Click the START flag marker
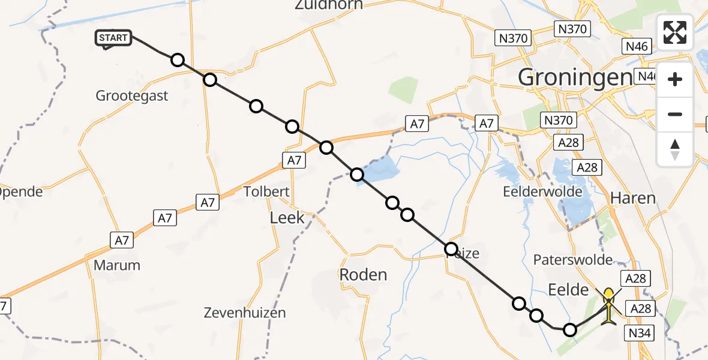tap(113, 38)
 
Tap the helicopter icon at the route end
tap(608, 305)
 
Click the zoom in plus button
tap(675, 79)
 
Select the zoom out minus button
tap(675, 114)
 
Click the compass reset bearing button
tap(675, 149)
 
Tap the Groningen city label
tap(574, 77)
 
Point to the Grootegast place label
tap(132, 95)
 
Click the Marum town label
tap(117, 265)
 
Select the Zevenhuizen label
tap(244, 313)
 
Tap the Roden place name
tap(363, 275)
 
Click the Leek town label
tap(287, 217)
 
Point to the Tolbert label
tap(267, 192)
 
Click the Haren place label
tap(632, 198)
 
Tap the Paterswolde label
tap(573, 260)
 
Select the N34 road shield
tap(641, 334)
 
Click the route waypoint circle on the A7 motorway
tap(326, 147)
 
